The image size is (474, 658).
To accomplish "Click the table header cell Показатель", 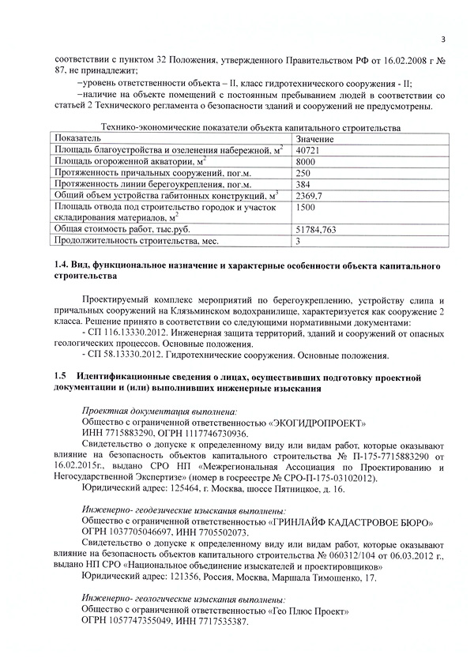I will point(77,138).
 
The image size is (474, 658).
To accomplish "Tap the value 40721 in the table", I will point(309,149).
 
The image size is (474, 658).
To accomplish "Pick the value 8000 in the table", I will point(306,161).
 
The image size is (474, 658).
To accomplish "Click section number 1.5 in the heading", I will point(59,378).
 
